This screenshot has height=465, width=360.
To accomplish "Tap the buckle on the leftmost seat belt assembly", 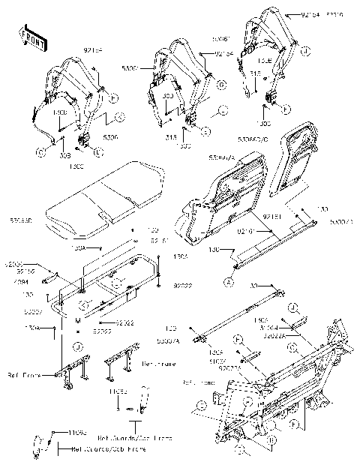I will click(82, 139).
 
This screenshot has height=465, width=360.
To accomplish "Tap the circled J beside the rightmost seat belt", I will click(307, 51).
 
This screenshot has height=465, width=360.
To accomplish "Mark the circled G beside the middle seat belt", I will click(222, 85).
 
